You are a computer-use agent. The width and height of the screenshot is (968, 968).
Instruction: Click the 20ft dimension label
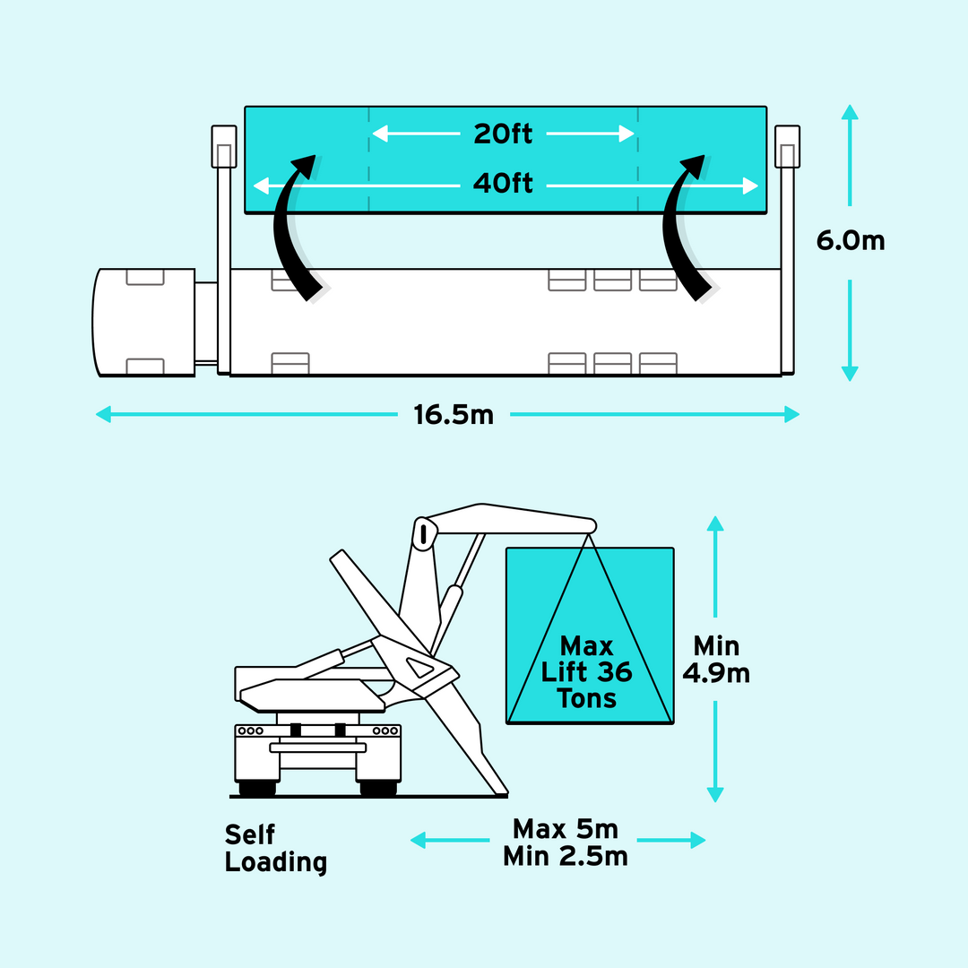[503, 134]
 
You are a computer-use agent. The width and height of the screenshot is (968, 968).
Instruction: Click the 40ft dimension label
[503, 185]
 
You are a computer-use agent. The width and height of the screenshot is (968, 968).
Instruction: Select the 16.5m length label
[454, 415]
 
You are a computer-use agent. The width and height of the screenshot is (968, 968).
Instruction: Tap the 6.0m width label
[850, 241]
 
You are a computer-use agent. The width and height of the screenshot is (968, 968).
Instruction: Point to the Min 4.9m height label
[715, 660]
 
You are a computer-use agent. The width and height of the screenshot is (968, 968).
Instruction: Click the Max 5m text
[565, 828]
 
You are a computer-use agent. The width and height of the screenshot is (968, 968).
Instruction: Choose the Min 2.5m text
[565, 857]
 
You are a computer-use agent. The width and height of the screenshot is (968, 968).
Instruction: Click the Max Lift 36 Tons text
[587, 672]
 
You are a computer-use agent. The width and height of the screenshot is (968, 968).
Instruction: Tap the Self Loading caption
[275, 848]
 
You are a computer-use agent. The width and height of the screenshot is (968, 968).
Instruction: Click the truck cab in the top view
[143, 322]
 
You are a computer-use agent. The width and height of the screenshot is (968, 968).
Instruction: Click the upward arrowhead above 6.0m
[850, 112]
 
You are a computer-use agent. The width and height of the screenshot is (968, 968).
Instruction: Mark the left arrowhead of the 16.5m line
[104, 414]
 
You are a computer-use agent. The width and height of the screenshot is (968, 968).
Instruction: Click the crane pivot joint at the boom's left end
[422, 532]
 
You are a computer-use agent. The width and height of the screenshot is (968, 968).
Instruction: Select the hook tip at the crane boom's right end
[590, 524]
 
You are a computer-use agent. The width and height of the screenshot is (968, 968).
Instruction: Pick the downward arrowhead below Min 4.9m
[715, 794]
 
